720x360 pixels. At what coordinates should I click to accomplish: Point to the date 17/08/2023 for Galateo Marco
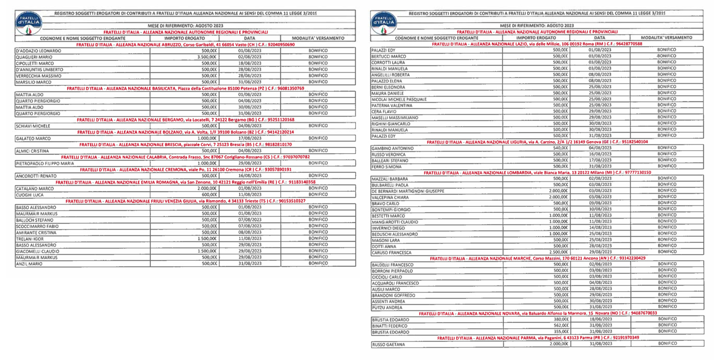click(249, 138)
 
